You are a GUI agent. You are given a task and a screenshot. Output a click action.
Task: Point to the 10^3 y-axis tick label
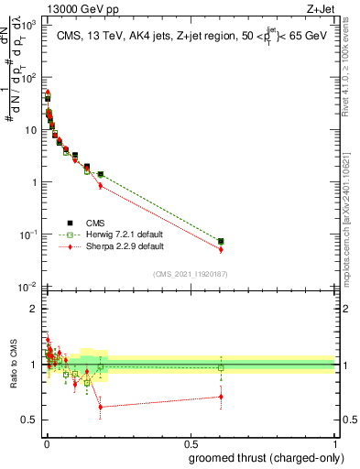[27, 25]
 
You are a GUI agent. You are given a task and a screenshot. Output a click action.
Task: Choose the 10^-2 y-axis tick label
[27, 288]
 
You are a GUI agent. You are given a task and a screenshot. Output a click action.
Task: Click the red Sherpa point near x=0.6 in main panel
[221, 249]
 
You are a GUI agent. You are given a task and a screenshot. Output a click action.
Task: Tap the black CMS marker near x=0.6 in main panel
[221, 241]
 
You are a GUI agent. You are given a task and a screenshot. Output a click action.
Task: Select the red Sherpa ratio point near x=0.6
[221, 397]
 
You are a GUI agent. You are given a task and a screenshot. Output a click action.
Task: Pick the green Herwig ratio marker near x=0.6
[221, 368]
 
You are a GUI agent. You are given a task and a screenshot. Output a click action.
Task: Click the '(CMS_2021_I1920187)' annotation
[191, 273]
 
